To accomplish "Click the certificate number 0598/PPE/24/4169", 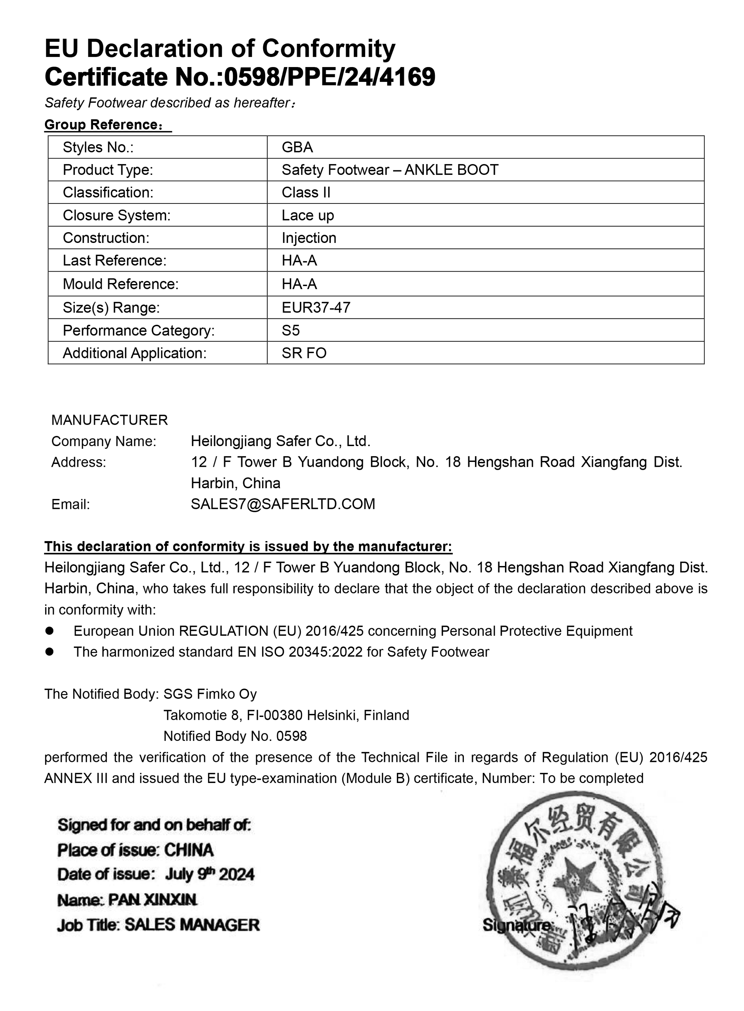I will (329, 77).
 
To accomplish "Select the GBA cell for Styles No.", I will (297, 147).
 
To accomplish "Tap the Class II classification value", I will (306, 192).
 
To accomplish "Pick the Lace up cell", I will (308, 215).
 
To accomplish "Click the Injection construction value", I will (309, 238).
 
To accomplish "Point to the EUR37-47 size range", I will (316, 308).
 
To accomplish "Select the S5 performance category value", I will (290, 331).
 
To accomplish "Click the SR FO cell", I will (304, 353).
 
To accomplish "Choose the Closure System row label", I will (117, 215).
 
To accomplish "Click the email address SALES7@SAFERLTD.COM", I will (283, 504).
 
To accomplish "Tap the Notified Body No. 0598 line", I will (235, 736).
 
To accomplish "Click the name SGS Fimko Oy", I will (210, 694).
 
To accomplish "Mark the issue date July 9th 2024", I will (209, 875).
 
